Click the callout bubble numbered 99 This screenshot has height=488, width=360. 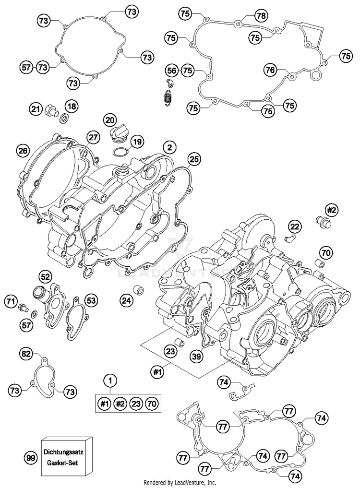click(x=31, y=458)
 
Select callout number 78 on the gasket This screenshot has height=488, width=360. click(x=261, y=15)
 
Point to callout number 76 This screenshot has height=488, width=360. click(x=270, y=70)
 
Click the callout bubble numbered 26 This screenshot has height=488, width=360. click(x=23, y=151)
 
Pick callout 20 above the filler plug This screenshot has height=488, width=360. click(x=110, y=120)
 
